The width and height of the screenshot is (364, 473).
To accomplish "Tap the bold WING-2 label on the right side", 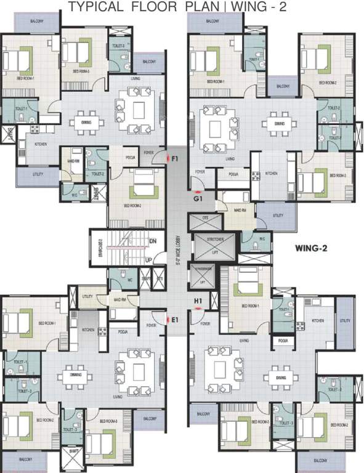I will [x=310, y=249].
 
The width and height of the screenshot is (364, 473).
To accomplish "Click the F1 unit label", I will [x=176, y=160].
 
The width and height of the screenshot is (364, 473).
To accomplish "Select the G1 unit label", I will [x=197, y=199].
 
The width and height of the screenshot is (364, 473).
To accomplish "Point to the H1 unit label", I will [x=198, y=301].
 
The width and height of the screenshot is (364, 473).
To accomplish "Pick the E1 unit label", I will [x=175, y=320].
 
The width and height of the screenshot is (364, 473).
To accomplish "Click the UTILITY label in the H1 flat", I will [x=344, y=320].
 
